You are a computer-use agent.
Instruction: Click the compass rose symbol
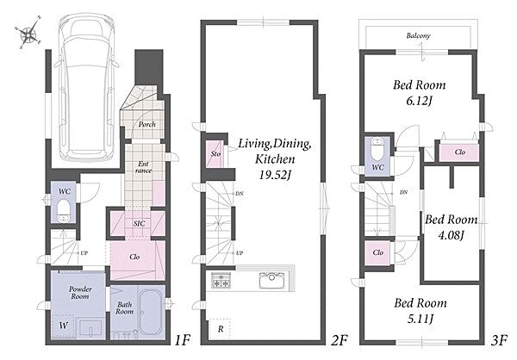[x=28, y=33]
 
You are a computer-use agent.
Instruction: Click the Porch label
[x=147, y=125]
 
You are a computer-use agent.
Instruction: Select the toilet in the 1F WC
[x=63, y=211]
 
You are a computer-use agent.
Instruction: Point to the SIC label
[x=139, y=224]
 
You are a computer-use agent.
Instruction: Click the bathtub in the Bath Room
[x=150, y=312]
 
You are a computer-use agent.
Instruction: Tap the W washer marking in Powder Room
[x=64, y=326]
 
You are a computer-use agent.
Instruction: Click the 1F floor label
[x=183, y=340]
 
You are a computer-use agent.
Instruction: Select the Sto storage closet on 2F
[x=216, y=153]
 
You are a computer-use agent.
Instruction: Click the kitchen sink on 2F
[x=271, y=281]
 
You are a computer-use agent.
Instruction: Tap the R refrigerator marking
[x=221, y=329]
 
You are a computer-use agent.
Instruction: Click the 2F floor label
[x=339, y=340]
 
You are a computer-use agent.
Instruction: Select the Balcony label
[x=419, y=35]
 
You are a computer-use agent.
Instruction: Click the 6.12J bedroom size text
[x=419, y=101]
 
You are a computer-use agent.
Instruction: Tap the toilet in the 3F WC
[x=377, y=149]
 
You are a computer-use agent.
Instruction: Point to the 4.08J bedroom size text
[x=451, y=235]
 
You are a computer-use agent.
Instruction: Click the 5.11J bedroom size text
[x=420, y=319]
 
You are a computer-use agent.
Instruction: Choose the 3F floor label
[x=498, y=340]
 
